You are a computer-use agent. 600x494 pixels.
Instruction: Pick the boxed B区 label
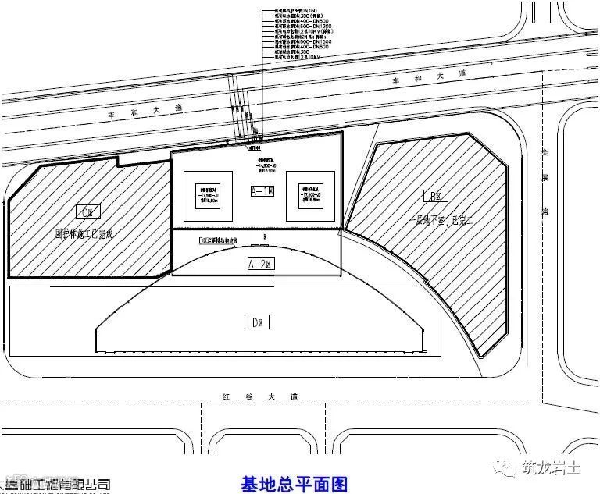point(431,196)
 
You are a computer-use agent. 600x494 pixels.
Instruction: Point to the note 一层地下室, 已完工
point(441,221)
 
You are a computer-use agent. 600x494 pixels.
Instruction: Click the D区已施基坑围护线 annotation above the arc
point(223,241)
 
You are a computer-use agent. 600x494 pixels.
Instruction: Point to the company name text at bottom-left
point(55,485)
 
